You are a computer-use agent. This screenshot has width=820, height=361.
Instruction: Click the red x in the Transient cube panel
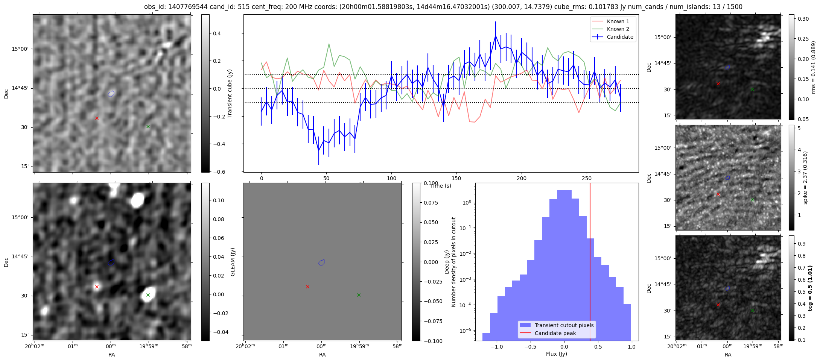coord(97,118)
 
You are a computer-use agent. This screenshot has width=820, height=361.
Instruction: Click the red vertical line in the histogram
coord(590,263)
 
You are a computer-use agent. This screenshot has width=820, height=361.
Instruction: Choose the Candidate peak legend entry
coord(555,333)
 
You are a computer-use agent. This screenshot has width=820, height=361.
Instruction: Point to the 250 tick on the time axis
coord(587,178)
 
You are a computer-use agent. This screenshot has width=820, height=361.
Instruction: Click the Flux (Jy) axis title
coord(556,354)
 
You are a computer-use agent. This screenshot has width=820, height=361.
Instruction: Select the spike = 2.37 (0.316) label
coord(805,178)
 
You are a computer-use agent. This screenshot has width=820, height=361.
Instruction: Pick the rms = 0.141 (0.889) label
coord(813,67)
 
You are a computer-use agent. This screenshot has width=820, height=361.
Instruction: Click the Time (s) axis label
coord(440,186)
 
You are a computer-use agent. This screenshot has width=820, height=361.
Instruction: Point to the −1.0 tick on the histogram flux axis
coord(496,347)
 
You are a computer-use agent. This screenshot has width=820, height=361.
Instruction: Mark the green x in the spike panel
coord(752,200)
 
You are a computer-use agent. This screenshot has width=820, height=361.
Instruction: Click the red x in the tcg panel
coord(718,305)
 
